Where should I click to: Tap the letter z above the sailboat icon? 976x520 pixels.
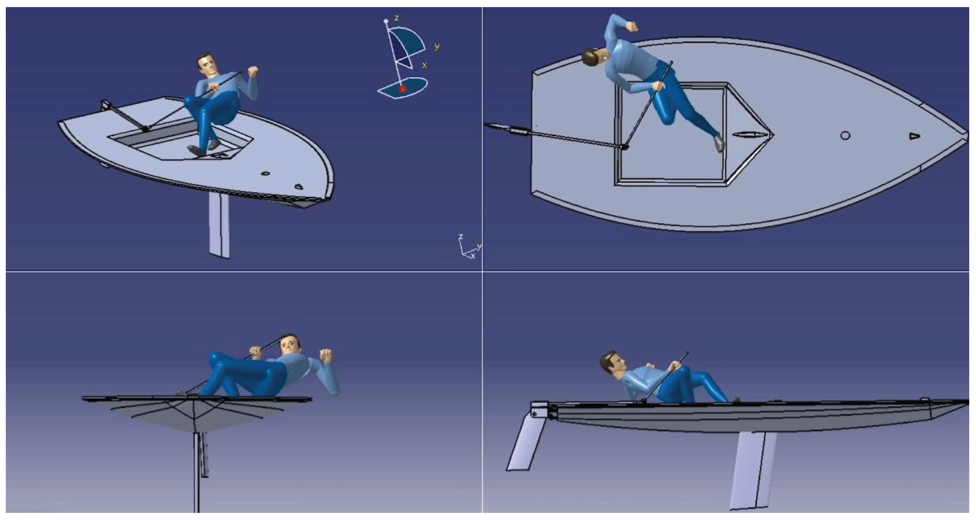tap(397, 18)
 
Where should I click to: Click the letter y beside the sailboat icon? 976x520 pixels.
tap(437, 47)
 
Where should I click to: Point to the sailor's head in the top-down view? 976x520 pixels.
tap(594, 57)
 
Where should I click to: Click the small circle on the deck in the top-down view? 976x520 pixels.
tap(845, 135)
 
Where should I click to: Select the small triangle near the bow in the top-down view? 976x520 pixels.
tap(914, 136)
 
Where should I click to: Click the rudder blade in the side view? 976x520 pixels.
tap(526, 442)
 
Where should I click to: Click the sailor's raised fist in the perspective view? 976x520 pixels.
tap(253, 71)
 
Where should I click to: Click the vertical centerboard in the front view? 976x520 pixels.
tap(197, 472)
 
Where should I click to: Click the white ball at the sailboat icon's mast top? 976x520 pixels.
tap(386, 21)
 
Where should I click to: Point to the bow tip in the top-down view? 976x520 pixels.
tap(967, 134)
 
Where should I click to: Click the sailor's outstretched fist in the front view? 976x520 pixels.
tap(326, 355)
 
